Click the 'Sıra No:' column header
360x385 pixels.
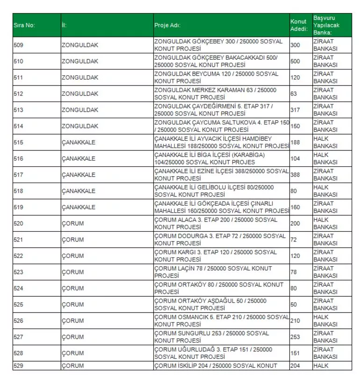24,25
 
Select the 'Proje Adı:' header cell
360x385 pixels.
167,25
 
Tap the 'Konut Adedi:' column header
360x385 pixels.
299,25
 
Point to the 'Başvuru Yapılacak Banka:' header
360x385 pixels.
325,25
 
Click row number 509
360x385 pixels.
19,45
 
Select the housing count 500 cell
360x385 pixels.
295,61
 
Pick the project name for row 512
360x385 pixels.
216,93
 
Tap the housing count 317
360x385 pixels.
295,110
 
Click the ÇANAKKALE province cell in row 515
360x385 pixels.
79,142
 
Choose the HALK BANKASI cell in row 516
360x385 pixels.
325,158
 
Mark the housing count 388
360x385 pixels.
295,175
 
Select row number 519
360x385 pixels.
19,207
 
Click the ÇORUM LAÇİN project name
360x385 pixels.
213,272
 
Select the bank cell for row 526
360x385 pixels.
325,321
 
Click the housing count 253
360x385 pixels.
295,337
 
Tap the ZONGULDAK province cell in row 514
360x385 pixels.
80,126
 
